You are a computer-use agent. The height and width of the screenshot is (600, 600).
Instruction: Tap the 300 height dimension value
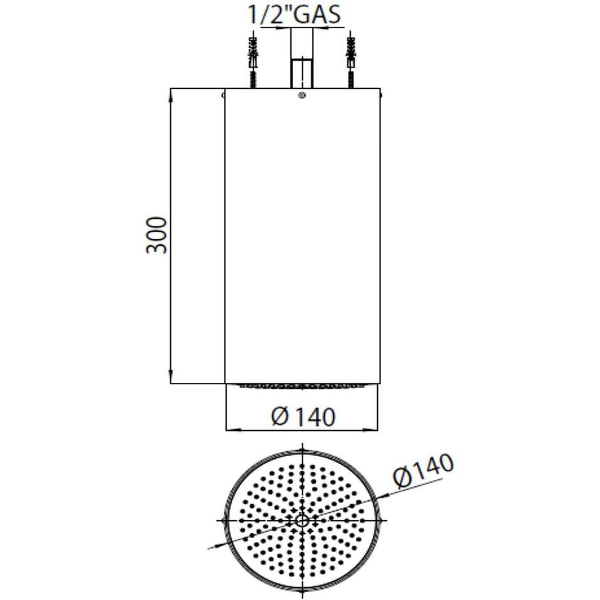click(156, 236)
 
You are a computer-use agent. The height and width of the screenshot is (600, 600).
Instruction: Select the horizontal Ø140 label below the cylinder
click(302, 417)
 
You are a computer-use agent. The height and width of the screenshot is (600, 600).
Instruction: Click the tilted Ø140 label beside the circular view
click(423, 472)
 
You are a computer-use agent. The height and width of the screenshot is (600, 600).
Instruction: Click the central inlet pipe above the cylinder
click(302, 71)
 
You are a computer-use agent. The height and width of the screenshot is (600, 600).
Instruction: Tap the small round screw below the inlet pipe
click(302, 96)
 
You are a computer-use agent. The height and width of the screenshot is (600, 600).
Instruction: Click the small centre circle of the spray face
click(302, 520)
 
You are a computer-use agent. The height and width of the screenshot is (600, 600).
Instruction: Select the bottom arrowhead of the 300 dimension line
click(170, 378)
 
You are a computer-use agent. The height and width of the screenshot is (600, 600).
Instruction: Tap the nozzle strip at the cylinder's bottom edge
click(302, 386)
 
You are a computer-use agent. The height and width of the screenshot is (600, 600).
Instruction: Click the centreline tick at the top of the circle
click(302, 447)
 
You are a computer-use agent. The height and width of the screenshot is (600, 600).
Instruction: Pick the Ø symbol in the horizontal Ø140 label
click(279, 417)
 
